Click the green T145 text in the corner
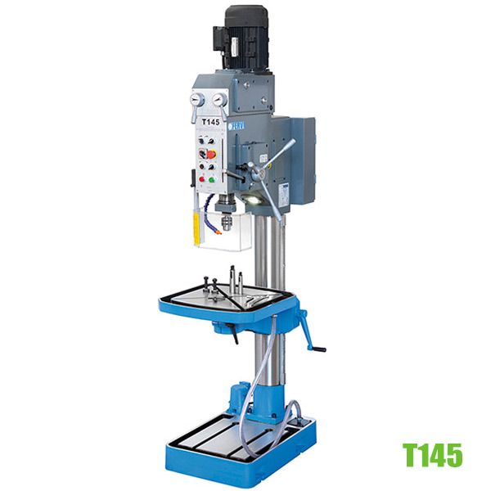(431, 454)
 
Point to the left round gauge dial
(196, 99)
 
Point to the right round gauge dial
(220, 99)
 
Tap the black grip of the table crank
(318, 349)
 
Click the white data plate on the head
(282, 191)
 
